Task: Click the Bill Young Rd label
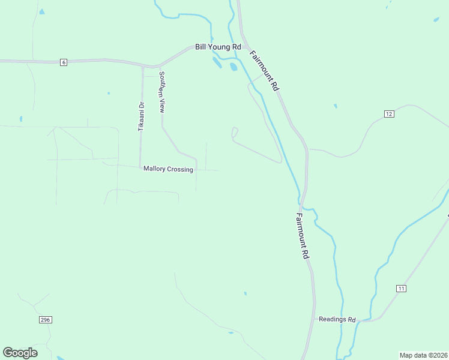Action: click(218, 47)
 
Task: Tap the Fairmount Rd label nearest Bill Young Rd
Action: click(264, 70)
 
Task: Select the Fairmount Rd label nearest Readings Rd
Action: click(303, 235)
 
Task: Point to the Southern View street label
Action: click(161, 92)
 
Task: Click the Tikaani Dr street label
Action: click(142, 116)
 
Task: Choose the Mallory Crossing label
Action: click(168, 169)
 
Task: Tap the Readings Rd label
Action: click(337, 319)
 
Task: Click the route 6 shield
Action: click(63, 62)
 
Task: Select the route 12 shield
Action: click(389, 114)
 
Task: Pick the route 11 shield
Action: click(401, 289)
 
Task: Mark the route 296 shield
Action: click(46, 320)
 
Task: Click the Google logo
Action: click(20, 353)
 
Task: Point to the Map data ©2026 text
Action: click(423, 355)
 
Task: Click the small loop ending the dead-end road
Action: click(235, 131)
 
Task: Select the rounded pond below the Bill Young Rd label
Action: click(233, 67)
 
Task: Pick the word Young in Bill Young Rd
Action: click(218, 47)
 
